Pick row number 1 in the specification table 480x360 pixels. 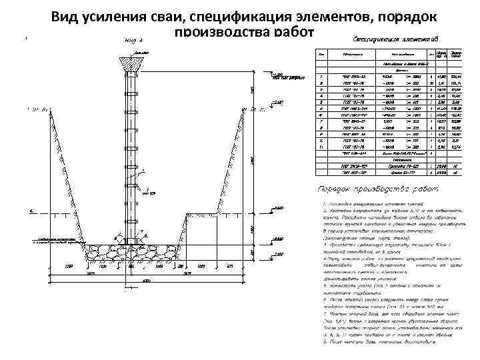coord(323,77)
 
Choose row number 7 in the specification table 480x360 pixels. coord(323,121)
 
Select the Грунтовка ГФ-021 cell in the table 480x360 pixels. coord(399,165)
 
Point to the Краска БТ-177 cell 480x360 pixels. coord(399,173)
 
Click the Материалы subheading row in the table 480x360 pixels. coord(399,159)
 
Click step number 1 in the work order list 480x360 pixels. coord(322,201)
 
